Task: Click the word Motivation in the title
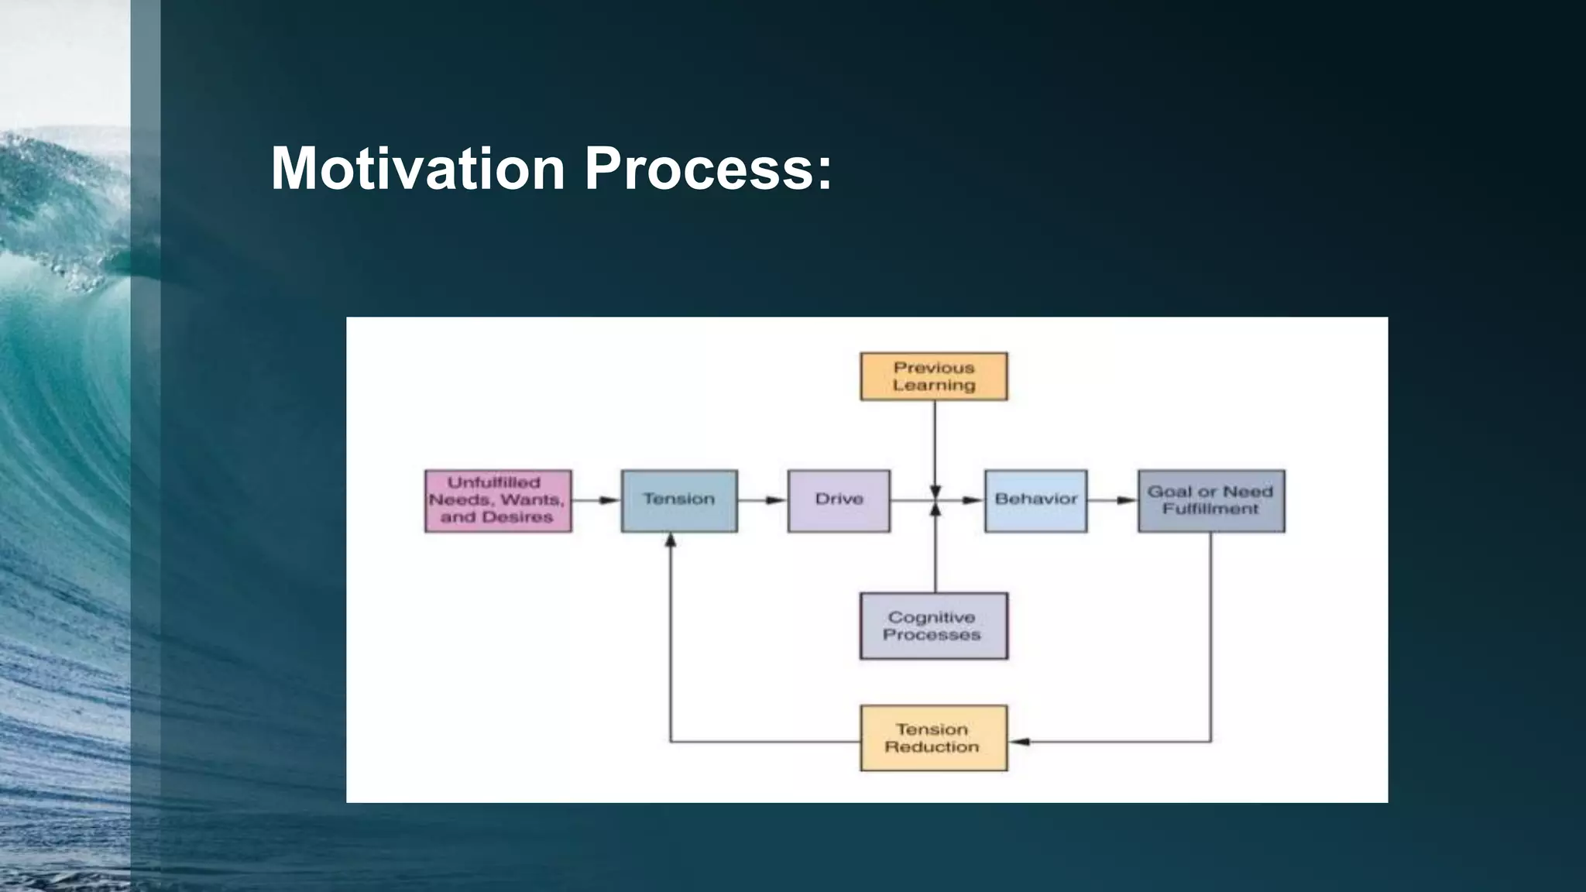pyautogui.click(x=417, y=168)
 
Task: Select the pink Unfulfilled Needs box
pyautogui.click(x=498, y=500)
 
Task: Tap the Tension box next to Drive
pyautogui.click(x=679, y=500)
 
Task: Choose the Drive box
pyautogui.click(x=839, y=500)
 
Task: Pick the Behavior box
pyautogui.click(x=1035, y=500)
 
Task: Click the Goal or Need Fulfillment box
pyautogui.click(x=1210, y=500)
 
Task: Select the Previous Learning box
pyautogui.click(x=933, y=376)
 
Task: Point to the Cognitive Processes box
pyautogui.click(x=933, y=626)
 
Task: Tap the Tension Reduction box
pyautogui.click(x=933, y=738)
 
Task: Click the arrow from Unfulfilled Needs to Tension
pyautogui.click(x=596, y=500)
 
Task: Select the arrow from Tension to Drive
pyautogui.click(x=762, y=500)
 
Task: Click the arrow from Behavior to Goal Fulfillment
pyautogui.click(x=1112, y=500)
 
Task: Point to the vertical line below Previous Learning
pyautogui.click(x=935, y=441)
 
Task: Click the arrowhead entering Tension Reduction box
pyautogui.click(x=1021, y=742)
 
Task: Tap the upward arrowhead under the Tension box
pyautogui.click(x=671, y=540)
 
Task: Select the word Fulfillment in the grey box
pyautogui.click(x=1210, y=509)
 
